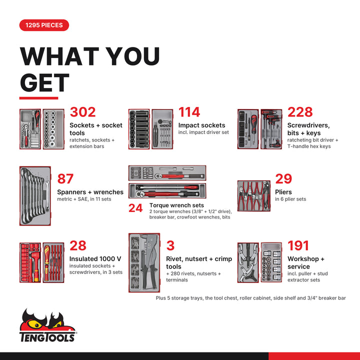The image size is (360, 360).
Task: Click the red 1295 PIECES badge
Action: coord(44,25)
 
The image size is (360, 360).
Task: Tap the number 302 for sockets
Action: coord(82,112)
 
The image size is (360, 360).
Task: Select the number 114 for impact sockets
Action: coord(189,112)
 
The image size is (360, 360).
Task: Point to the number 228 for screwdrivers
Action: coord(300,112)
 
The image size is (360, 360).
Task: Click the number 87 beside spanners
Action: coord(65,178)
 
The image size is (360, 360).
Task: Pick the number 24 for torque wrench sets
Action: coord(135,208)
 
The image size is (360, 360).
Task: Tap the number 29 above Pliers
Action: coord(283,178)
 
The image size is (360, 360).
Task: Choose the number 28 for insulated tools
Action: coord(78,245)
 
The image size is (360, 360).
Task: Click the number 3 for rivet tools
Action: coord(170,245)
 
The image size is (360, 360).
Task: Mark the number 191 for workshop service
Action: coord(298,245)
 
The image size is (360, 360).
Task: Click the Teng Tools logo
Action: coord(48,325)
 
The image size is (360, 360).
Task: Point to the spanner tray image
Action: coord(35,196)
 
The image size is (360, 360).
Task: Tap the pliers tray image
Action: coord(253,195)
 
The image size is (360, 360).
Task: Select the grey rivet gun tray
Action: coord(144,262)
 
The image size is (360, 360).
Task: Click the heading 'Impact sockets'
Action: coord(201,125)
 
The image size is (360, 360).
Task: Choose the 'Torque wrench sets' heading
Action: coord(176,205)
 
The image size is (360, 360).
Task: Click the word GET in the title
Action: coord(44,82)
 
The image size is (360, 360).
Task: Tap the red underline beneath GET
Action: coord(38,98)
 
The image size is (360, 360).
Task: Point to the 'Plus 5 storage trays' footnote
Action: coord(250,298)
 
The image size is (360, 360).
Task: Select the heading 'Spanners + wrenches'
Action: coord(90,192)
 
